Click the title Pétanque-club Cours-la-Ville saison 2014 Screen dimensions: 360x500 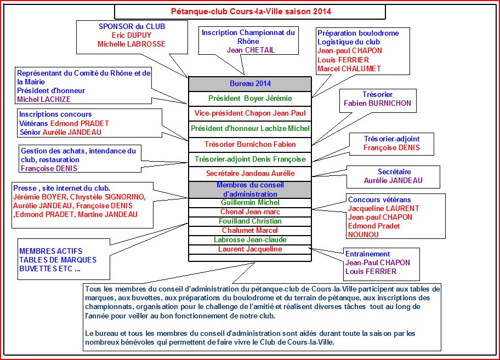[x=251, y=11]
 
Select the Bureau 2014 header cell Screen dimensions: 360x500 [x=250, y=84]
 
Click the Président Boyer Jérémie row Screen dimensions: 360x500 [x=250, y=99]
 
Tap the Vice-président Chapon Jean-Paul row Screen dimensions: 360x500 [x=250, y=113]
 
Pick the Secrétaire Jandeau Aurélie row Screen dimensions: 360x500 [x=250, y=174]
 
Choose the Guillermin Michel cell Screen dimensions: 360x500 [x=250, y=203]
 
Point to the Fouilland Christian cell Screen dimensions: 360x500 [x=250, y=221]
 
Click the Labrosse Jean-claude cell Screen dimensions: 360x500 [x=250, y=240]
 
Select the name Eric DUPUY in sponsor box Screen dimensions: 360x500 [x=132, y=35]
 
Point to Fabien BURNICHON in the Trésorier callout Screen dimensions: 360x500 [x=377, y=103]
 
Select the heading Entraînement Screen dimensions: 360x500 [x=367, y=254]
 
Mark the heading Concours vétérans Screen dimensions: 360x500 [x=379, y=199]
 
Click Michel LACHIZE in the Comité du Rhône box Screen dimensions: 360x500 [x=44, y=99]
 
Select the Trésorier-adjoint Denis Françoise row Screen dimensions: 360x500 [x=250, y=159]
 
